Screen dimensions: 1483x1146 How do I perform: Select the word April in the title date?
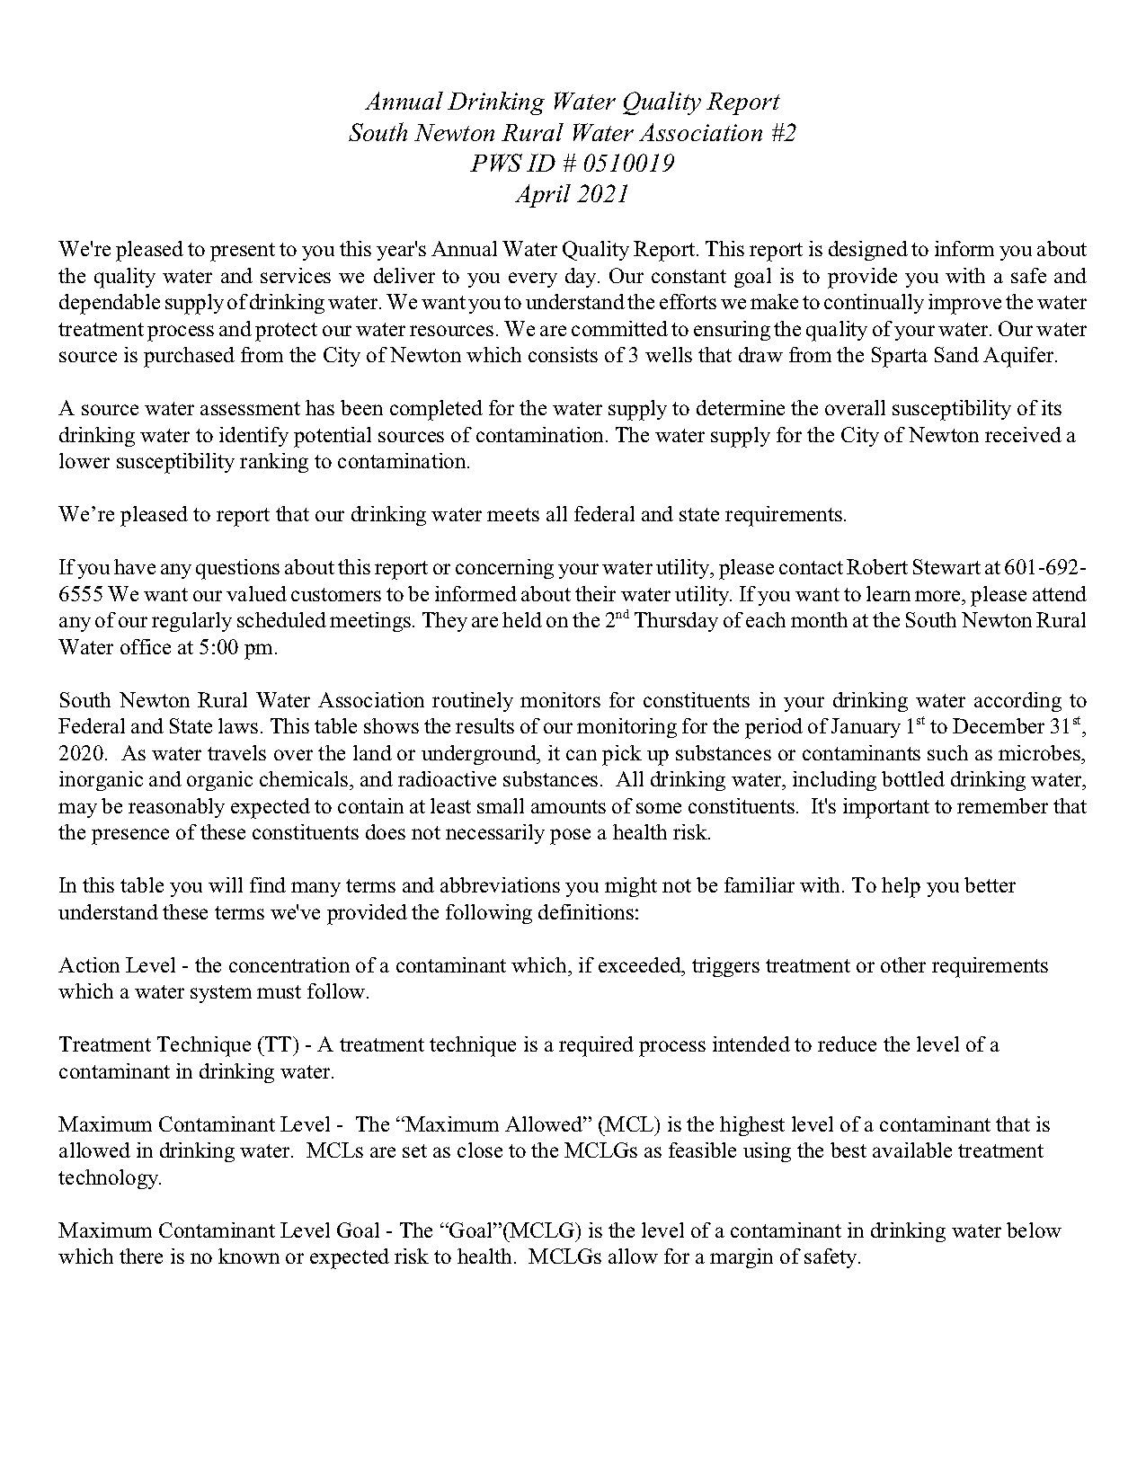coord(543,194)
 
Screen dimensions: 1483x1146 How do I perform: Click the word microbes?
coord(1052,753)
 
